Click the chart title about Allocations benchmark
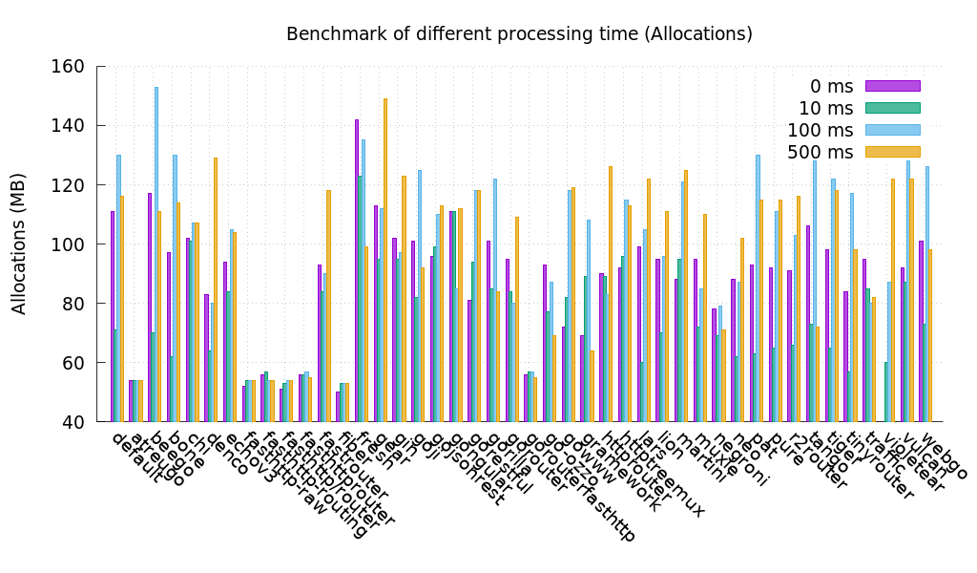pyautogui.click(x=519, y=34)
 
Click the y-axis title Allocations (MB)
pyautogui.click(x=19, y=244)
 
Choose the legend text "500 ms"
pyautogui.click(x=820, y=153)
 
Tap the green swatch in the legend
pyautogui.click(x=892, y=108)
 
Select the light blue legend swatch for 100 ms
pyautogui.click(x=892, y=130)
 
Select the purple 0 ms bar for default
pyautogui.click(x=113, y=316)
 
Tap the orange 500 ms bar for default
pyautogui.click(x=122, y=308)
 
